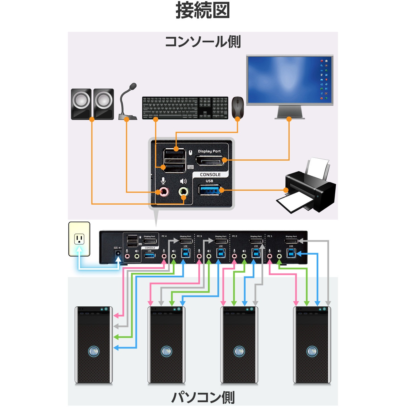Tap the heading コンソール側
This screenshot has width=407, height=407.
(203, 42)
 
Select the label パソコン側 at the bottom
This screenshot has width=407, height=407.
(203, 397)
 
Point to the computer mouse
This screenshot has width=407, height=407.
(238, 107)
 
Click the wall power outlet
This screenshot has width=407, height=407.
(79, 239)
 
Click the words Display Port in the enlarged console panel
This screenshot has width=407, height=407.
(209, 151)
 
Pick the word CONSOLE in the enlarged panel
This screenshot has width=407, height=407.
(210, 175)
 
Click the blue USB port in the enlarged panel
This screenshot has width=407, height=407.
(209, 190)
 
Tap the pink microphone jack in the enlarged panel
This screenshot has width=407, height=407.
(163, 192)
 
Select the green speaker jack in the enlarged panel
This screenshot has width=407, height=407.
(184, 192)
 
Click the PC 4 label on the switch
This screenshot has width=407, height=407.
(164, 236)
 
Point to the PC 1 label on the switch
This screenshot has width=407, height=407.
(270, 236)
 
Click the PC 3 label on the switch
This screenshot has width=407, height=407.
(199, 236)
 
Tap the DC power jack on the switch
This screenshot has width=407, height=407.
(118, 253)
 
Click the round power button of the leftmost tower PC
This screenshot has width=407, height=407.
(94, 351)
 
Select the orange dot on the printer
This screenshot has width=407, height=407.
(286, 190)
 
